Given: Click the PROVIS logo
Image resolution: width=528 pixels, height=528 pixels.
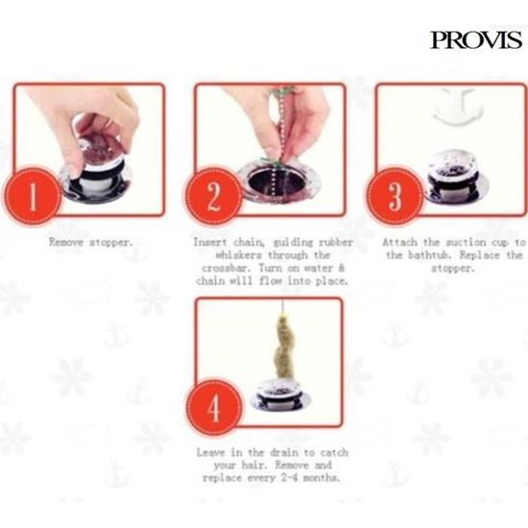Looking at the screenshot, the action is (476, 39).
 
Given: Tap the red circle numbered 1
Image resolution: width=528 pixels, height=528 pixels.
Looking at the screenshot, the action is (33, 196).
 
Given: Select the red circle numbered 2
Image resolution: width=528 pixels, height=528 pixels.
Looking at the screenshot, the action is (213, 197).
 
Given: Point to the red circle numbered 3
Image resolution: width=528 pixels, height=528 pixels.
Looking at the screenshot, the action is (395, 196).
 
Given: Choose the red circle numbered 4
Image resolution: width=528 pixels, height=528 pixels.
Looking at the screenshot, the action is (214, 408).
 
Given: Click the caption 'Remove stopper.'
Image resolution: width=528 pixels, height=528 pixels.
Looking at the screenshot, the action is (91, 242).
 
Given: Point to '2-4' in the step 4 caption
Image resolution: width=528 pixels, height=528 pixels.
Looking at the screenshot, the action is (290, 478).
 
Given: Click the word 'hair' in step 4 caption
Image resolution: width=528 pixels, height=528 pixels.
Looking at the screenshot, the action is (252, 465).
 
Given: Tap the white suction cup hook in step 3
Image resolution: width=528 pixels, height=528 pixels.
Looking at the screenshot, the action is (457, 106).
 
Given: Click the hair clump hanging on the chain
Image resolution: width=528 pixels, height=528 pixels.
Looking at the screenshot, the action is (284, 348).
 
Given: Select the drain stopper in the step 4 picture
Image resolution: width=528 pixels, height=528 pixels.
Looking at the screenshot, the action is (281, 395).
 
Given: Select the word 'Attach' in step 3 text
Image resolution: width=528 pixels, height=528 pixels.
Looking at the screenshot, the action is (399, 242).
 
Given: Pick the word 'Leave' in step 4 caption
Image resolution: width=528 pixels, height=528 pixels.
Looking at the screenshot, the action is (210, 452).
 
